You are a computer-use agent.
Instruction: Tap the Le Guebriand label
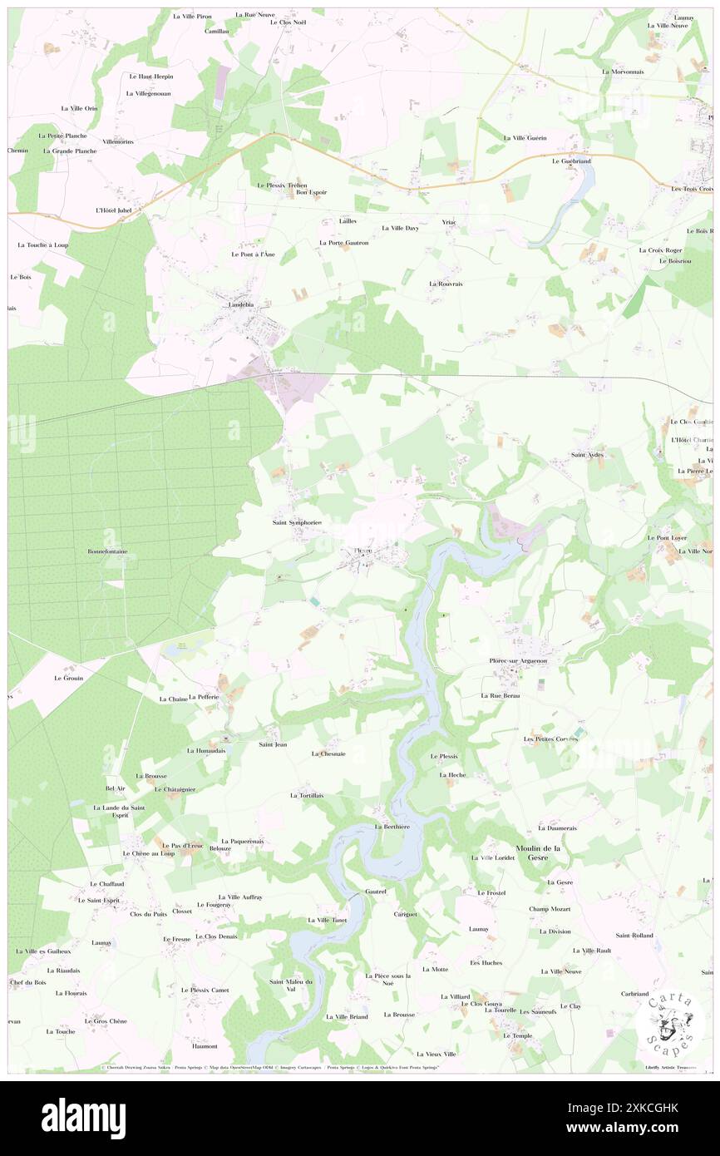[570, 161]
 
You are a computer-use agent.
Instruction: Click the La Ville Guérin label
[525, 137]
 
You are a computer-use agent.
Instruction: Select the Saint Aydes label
[587, 455]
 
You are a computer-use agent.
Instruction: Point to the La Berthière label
[392, 827]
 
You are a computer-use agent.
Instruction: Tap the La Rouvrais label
[446, 284]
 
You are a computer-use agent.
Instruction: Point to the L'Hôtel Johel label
[113, 210]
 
